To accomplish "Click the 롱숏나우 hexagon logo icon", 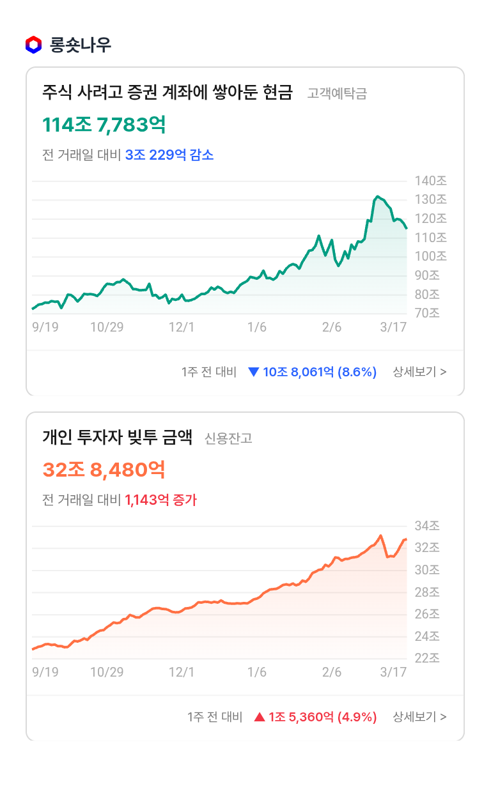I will coord(33,45).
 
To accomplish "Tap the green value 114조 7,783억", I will coord(104,125).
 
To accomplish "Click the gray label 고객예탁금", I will coord(337,94).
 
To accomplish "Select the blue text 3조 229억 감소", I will coord(169,155).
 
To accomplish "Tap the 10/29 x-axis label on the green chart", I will coord(107,328).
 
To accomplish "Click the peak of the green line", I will coord(378,196).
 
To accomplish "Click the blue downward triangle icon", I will coord(253,372).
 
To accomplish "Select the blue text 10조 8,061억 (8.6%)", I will coord(320,372).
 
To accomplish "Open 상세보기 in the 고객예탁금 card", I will coord(419,372).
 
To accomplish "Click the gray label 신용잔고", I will coord(228,438).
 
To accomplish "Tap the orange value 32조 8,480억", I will coord(104,470).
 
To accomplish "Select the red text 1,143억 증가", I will coord(161,500).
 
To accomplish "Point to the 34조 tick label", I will coord(426,526).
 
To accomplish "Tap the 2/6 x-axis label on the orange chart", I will coord(332,673).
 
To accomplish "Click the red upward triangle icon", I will coord(259,717).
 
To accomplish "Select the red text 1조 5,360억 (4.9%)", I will coord(322,717).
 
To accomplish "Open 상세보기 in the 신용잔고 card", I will coord(419,717).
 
